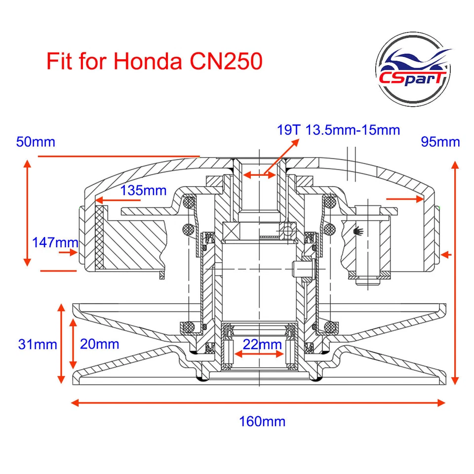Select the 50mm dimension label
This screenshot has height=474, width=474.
point(36,142)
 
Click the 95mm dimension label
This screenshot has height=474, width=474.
point(440,142)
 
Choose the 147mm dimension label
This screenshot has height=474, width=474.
point(55,242)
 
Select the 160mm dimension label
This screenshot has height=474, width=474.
point(262,422)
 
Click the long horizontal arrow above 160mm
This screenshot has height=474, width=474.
point(259,403)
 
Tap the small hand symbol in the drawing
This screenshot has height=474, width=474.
point(358,230)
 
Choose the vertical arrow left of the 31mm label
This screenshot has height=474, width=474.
point(61,344)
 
